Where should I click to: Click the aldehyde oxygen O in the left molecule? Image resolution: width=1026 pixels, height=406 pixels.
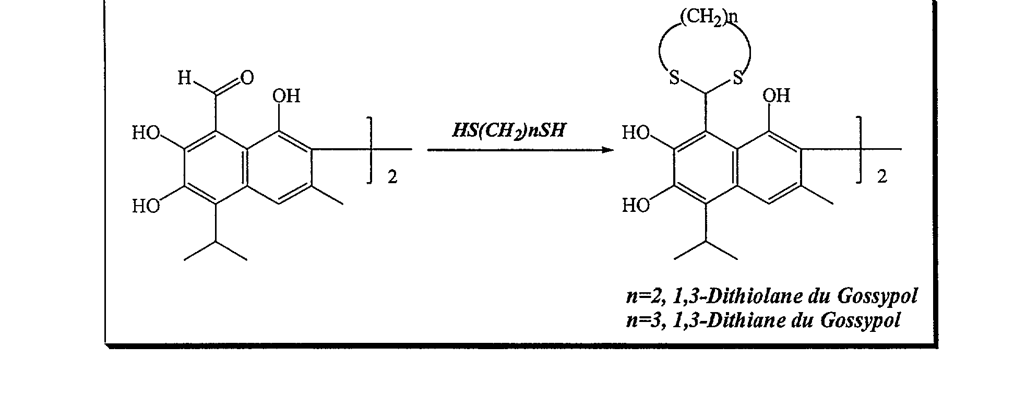pyautogui.click(x=247, y=78)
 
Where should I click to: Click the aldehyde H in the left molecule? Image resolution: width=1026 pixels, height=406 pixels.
pyautogui.click(x=184, y=78)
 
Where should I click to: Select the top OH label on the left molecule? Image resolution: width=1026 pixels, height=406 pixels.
pyautogui.click(x=287, y=95)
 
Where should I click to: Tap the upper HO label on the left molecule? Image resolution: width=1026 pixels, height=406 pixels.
pyautogui.click(x=146, y=133)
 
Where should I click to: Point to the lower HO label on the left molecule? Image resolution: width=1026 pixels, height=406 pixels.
pyautogui.click(x=146, y=207)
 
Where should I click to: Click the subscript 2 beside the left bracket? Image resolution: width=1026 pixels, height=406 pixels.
pyautogui.click(x=392, y=177)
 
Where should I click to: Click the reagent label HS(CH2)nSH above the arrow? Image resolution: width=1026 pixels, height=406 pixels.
pyautogui.click(x=508, y=130)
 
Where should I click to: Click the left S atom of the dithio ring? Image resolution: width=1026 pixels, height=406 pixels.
pyautogui.click(x=675, y=79)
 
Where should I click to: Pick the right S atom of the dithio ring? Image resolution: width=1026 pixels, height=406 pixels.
pyautogui.click(x=737, y=79)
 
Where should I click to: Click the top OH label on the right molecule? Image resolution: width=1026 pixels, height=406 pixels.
pyautogui.click(x=777, y=95)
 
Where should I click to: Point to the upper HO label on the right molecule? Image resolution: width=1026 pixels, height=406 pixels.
pyautogui.click(x=636, y=133)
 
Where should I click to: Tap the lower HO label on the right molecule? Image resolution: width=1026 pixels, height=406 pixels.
pyautogui.click(x=636, y=206)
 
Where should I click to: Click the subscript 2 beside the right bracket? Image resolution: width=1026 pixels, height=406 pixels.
pyautogui.click(x=882, y=177)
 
